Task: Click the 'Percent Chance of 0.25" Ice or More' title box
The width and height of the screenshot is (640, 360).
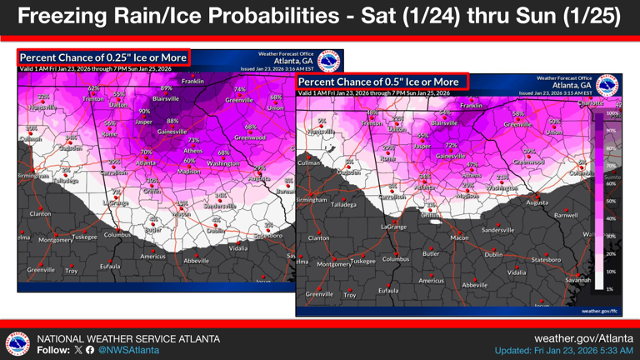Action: click(x=104, y=57)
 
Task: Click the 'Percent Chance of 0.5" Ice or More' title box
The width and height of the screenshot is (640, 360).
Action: click(x=382, y=82)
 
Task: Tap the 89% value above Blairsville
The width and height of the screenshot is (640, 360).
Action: click(x=167, y=88)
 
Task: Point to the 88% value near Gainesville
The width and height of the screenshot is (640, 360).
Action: click(x=173, y=122)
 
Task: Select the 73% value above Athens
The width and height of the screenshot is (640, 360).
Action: click(x=193, y=141)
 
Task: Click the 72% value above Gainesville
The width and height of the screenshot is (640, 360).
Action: click(x=451, y=146)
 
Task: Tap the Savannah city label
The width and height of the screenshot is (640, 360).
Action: click(x=577, y=280)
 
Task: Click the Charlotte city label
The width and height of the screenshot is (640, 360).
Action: click(x=590, y=103)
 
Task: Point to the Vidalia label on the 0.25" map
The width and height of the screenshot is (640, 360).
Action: click(x=238, y=247)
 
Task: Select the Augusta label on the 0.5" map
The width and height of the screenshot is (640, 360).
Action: click(x=537, y=202)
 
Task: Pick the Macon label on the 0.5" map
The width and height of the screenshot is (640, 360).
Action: click(x=459, y=237)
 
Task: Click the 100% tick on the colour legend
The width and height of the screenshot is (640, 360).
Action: click(x=611, y=113)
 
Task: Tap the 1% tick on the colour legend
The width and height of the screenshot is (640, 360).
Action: click(x=611, y=289)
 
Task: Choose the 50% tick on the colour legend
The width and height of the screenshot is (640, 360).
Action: click(x=611, y=201)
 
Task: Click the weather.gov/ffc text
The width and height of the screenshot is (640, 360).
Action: click(x=599, y=311)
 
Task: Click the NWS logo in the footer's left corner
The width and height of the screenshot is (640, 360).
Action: click(x=17, y=344)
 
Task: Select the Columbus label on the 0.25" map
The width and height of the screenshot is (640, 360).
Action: click(x=117, y=235)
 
